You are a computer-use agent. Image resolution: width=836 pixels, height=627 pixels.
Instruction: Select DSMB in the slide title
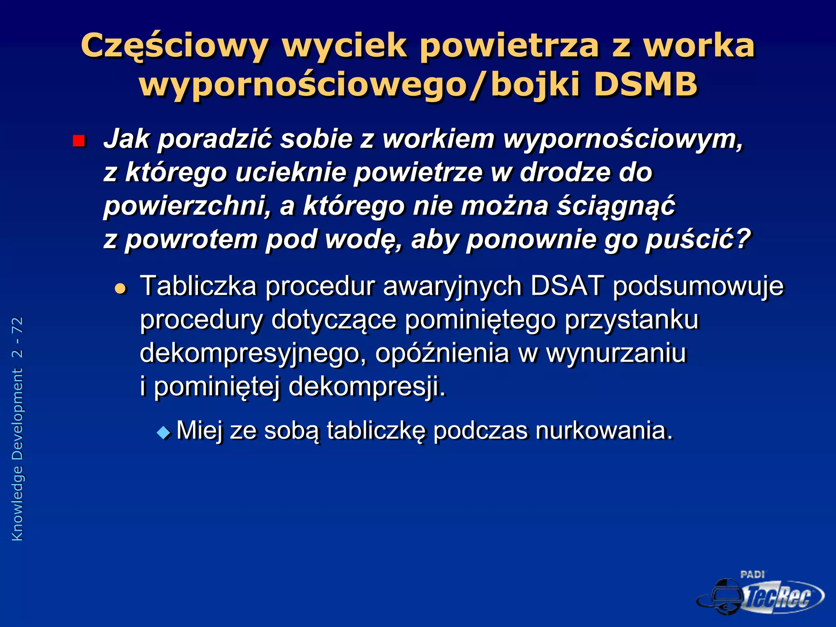[x=646, y=84]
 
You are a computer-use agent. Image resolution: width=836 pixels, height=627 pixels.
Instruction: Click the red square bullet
[x=78, y=141]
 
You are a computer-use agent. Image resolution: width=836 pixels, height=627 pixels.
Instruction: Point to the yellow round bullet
[x=120, y=289]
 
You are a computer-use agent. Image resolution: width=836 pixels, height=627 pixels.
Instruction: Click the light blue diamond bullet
[x=164, y=432]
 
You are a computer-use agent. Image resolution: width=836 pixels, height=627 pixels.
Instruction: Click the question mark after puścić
[x=743, y=239]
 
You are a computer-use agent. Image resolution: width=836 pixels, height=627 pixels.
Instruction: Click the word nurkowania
[x=603, y=430]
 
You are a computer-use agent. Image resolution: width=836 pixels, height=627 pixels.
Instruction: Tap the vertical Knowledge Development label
[x=18, y=455]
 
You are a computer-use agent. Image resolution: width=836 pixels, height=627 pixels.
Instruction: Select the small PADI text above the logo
[x=752, y=575]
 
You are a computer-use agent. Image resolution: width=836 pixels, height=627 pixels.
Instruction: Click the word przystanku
[x=631, y=320]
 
